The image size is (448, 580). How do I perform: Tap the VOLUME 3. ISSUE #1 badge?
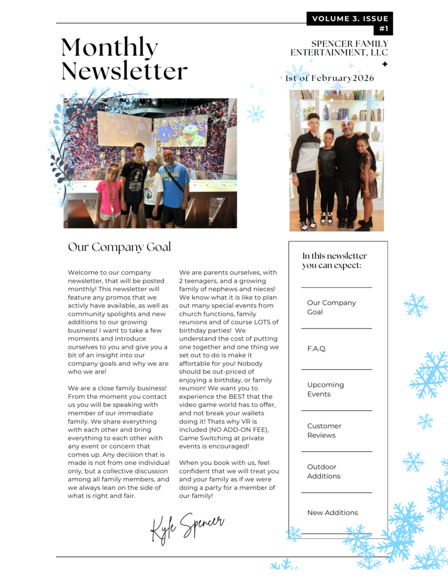[350, 23]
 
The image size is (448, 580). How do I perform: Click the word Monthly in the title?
[109, 48]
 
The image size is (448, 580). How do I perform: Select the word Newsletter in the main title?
[124, 71]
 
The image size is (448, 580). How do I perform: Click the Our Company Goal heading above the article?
[119, 247]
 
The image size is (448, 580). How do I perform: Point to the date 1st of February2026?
[330, 78]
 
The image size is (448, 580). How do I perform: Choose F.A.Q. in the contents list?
[317, 349]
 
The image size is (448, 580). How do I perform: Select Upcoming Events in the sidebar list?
[325, 389]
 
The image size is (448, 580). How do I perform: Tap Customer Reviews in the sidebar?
[324, 430]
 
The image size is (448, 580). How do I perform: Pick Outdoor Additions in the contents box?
[323, 471]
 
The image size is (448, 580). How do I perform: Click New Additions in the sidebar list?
[332, 513]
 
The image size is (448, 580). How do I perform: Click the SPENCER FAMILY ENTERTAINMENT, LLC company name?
[339, 48]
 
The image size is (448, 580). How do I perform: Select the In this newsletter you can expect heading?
[334, 261]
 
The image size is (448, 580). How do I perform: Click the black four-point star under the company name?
[385, 64]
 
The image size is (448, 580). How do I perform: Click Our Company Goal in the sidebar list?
[331, 307]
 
